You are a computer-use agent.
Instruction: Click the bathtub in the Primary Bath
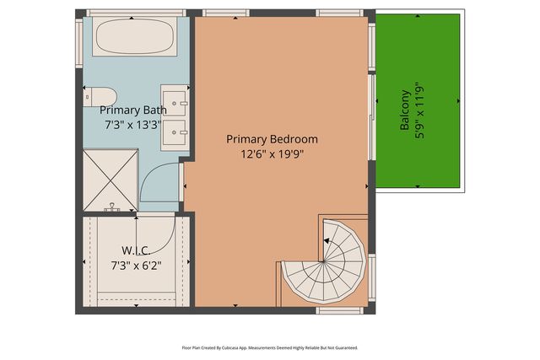click(132, 38)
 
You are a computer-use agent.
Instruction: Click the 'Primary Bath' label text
click(133, 110)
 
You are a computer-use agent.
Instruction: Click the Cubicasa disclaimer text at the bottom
click(270, 347)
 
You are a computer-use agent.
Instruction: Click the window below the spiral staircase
click(334, 310)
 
